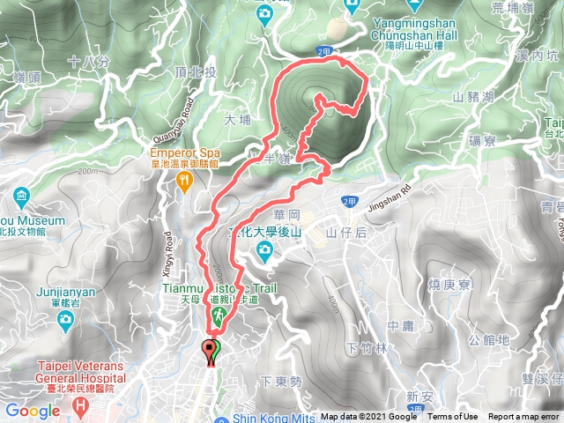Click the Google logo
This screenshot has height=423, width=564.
point(33,411)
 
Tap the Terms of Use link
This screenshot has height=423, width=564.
point(453,417)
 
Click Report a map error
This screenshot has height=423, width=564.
point(523,417)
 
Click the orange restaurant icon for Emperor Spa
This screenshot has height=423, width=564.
point(184,181)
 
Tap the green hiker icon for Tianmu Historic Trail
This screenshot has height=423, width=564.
point(217,315)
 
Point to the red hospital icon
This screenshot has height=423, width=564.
point(81,406)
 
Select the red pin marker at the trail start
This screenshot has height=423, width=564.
point(208,351)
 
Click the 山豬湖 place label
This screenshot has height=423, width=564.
point(472,96)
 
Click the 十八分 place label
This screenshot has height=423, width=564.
point(89,63)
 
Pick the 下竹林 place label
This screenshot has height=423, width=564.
point(368,348)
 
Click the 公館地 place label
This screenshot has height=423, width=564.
point(489,339)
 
